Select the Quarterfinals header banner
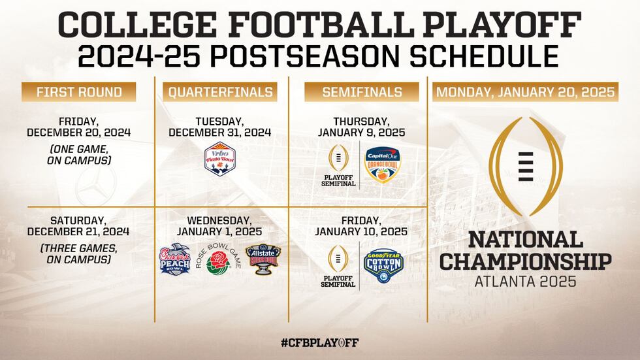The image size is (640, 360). pos(221,92)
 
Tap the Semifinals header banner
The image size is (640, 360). pos(362,92)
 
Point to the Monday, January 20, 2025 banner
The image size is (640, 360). pos(525,92)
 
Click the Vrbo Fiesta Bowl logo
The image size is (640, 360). pos(219,161)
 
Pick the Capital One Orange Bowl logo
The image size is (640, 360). pos(382,165)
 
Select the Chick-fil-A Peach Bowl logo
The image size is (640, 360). pos(174,259)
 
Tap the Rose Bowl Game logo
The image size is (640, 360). pos(218,260)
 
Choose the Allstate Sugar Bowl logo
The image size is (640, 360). pos(262,259)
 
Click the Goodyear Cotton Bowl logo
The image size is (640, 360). pos(383,265)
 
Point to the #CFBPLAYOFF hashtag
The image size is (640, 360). pos(319,342)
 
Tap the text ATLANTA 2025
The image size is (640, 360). pos(526,282)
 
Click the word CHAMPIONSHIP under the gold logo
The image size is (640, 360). pos(526,261)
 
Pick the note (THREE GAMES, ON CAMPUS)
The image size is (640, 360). pos(78,254)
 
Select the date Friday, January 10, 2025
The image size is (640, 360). pos(361,225)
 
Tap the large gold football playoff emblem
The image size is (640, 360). pos(526,167)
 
